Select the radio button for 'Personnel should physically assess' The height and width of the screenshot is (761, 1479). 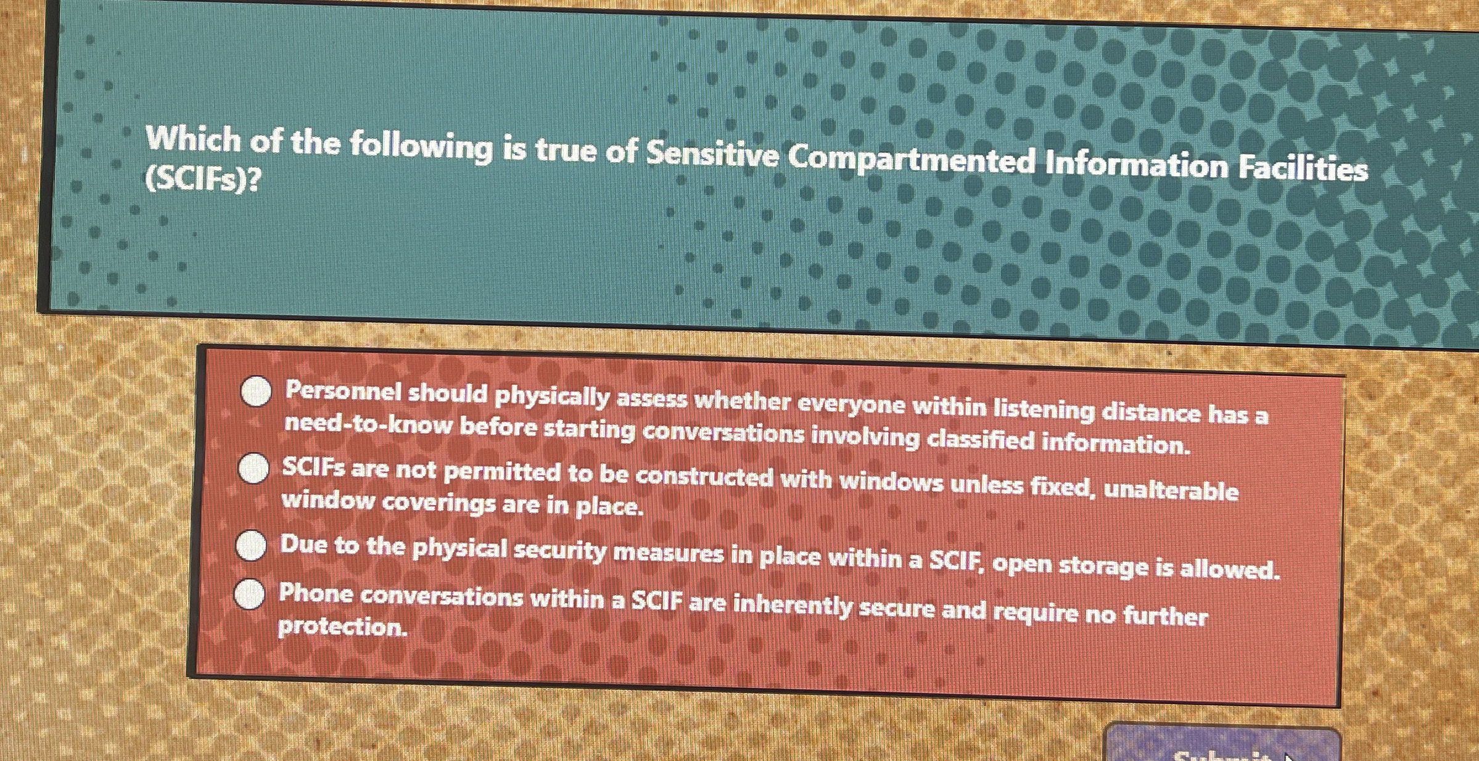pyautogui.click(x=256, y=392)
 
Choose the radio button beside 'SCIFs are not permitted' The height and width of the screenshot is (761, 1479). pyautogui.click(x=253, y=468)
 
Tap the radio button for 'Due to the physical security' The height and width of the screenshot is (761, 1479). pyautogui.click(x=251, y=546)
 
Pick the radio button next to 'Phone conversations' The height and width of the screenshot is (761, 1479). pyautogui.click(x=250, y=594)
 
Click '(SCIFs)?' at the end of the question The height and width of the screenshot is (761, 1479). pyautogui.click(x=202, y=179)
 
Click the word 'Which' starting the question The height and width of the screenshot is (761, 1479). pyautogui.click(x=193, y=139)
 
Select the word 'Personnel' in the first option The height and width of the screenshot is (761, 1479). pyautogui.click(x=342, y=391)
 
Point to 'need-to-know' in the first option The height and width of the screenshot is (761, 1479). pyautogui.click(x=368, y=425)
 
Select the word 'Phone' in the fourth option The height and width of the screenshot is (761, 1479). pyautogui.click(x=316, y=593)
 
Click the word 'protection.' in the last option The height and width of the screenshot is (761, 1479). pyautogui.click(x=342, y=627)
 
